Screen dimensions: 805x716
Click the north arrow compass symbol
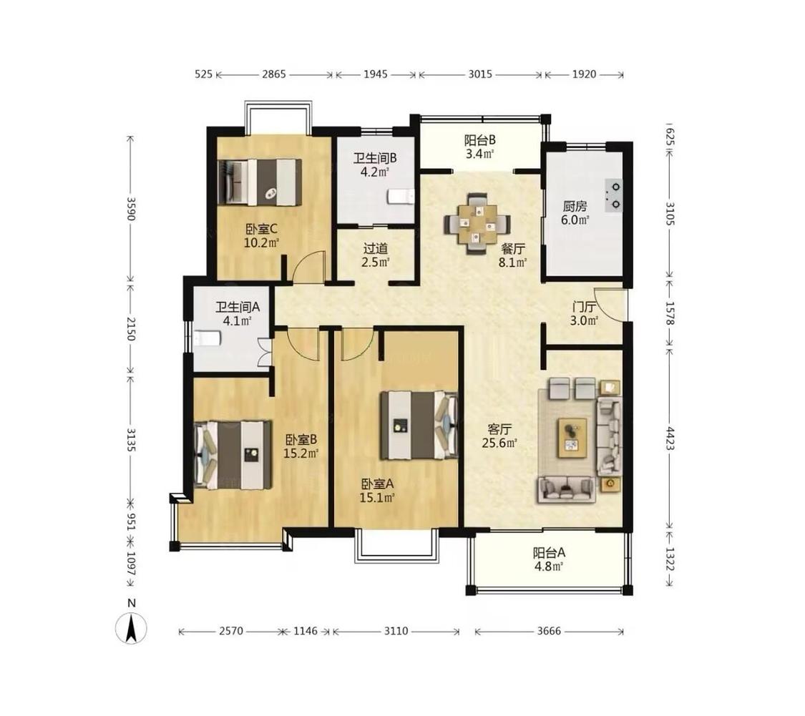[132, 628]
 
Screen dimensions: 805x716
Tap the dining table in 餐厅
[477, 223]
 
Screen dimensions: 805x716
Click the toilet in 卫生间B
[401, 197]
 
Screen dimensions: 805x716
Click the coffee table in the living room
[572, 437]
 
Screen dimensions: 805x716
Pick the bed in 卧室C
[259, 182]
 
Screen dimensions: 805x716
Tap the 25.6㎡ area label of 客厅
[499, 443]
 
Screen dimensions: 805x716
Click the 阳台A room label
[549, 553]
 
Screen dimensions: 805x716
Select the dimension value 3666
[549, 631]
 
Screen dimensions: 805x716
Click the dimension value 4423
[670, 438]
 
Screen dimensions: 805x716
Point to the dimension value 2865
[273, 74]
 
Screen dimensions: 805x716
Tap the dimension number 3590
[131, 209]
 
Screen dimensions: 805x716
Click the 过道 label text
[375, 249]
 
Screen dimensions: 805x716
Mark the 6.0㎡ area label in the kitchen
[575, 220]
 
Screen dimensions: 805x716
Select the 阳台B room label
[479, 140]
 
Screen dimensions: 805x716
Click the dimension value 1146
[306, 631]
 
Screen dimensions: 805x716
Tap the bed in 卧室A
[419, 425]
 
